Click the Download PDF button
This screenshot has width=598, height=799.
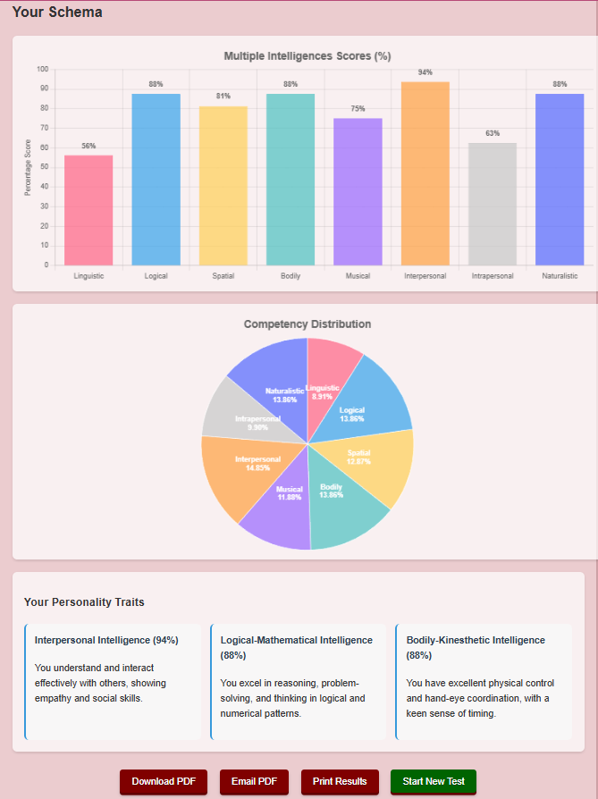coord(164,781)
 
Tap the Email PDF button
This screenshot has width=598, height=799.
coord(254,781)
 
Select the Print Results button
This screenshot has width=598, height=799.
coord(340,781)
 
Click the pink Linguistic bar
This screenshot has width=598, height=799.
coord(88,210)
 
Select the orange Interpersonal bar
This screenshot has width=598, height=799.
coord(425,173)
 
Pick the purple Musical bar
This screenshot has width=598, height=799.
coord(358,191)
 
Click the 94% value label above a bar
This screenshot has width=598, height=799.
coord(425,72)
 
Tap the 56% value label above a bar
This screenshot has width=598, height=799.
coord(88,146)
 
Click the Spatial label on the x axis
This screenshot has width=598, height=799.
coord(223,276)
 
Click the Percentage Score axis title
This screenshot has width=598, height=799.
coord(28,167)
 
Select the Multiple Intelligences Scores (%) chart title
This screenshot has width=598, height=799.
coord(307,55)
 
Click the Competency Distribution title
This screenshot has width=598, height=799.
coord(307,324)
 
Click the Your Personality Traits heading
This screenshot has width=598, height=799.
coord(84,602)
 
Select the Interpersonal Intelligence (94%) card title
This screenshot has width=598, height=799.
coord(106,640)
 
